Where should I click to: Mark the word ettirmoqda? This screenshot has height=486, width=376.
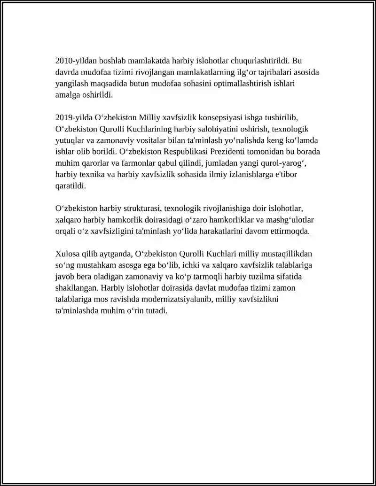point(290,231)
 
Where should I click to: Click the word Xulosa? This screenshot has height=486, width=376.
point(68,254)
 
